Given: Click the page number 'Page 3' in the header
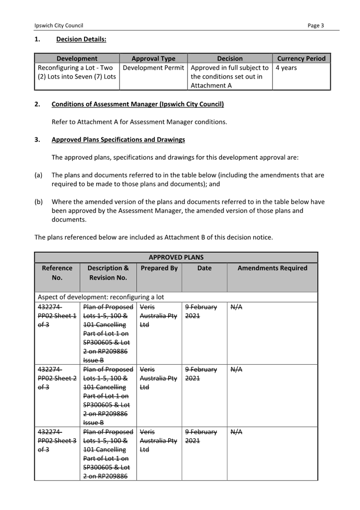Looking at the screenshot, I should (x=316, y=26).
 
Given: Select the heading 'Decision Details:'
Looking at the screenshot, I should (x=81, y=40).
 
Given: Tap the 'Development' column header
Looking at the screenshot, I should (x=77, y=59).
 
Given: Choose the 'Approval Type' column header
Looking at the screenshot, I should (x=153, y=59).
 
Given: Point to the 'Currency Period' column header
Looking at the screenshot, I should (x=301, y=59).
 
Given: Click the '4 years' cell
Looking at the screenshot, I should (x=286, y=68).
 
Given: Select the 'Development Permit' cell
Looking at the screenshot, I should (x=153, y=68).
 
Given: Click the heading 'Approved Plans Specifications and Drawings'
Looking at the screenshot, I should (x=118, y=140).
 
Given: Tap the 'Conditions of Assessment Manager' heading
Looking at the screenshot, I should (x=138, y=104).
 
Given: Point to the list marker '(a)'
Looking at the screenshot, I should (x=38, y=175).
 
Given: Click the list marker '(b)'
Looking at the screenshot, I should (x=38, y=202).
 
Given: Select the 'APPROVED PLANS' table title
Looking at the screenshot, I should (x=176, y=258).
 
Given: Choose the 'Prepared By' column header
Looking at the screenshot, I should (x=159, y=268).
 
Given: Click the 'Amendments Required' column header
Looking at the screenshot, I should (x=272, y=268).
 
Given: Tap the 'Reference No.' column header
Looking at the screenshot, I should (x=57, y=273).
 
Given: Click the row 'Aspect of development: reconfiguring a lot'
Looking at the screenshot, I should (x=101, y=297).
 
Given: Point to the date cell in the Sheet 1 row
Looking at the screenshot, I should (x=201, y=311).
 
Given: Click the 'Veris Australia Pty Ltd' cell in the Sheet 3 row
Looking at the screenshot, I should (x=158, y=440).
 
